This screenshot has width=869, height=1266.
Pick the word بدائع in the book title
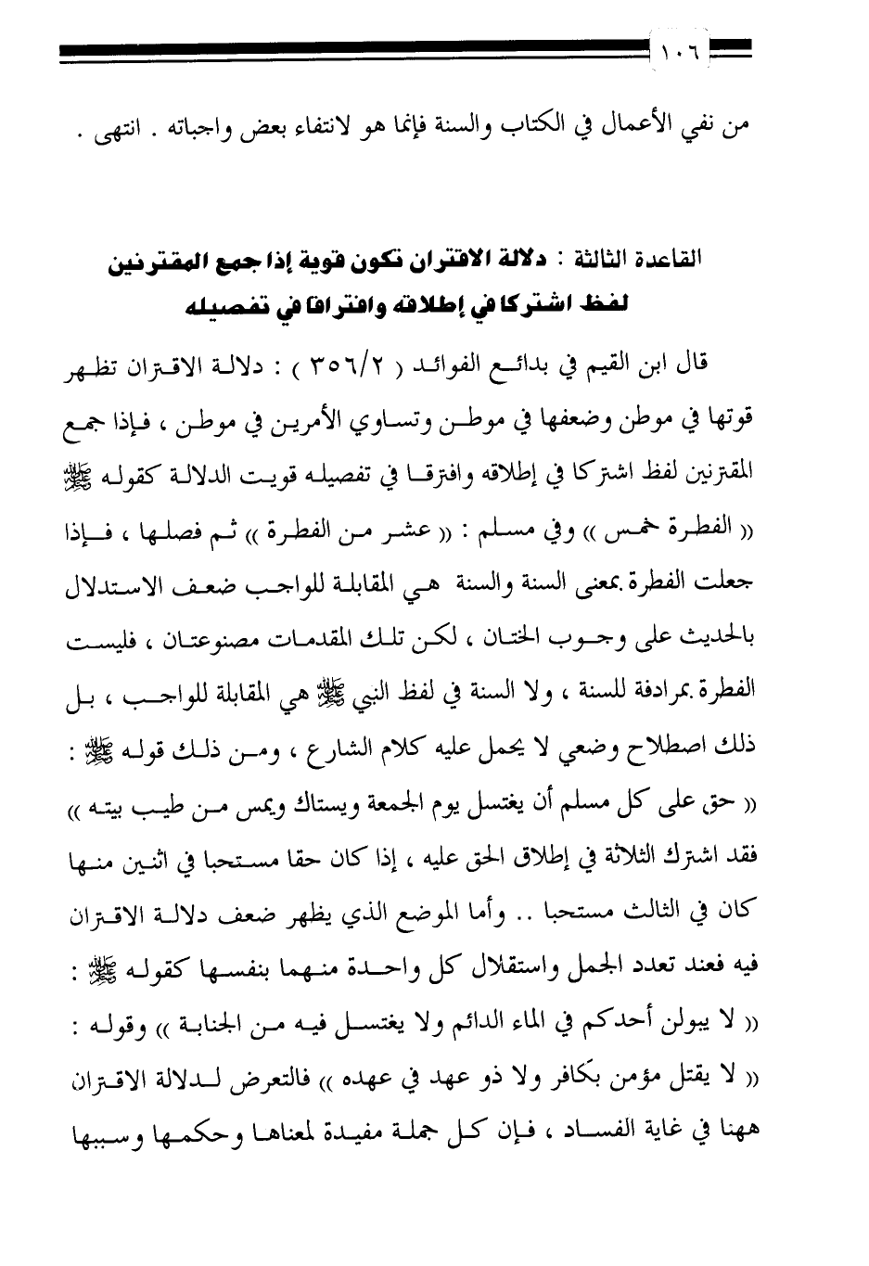point(535,363)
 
